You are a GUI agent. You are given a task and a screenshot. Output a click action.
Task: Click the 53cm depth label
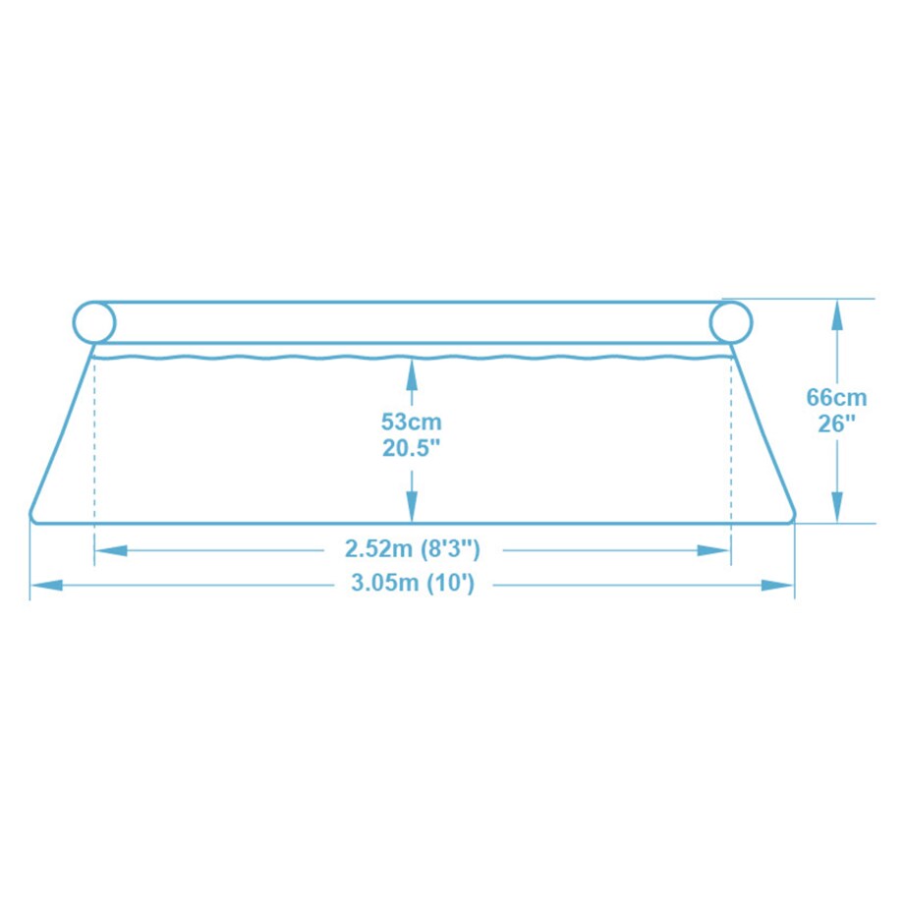coord(412,423)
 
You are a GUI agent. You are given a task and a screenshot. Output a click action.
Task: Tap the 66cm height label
coord(836,398)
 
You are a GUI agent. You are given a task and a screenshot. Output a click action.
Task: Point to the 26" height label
coord(836,424)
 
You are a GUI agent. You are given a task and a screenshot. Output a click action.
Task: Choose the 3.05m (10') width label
coord(413,584)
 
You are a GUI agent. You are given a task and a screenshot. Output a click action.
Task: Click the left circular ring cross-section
coord(94,322)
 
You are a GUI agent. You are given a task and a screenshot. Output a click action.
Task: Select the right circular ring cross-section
coord(730,322)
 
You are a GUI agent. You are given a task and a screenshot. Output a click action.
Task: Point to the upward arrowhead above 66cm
coord(836,312)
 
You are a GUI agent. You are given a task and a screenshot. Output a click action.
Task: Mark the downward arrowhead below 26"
coord(836,508)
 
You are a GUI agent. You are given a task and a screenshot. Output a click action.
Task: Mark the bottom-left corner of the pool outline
coord(32,518)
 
